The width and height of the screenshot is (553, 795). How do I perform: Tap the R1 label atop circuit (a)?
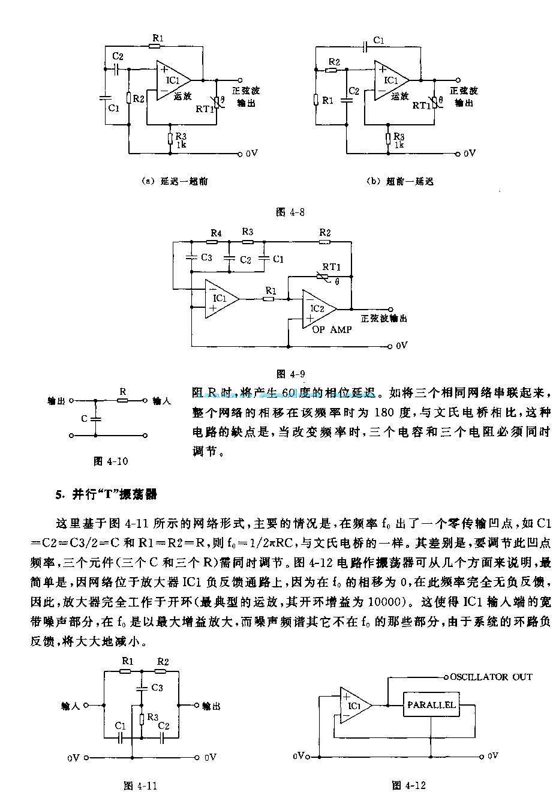click(x=157, y=38)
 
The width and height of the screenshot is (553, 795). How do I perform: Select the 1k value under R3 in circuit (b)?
click(x=399, y=145)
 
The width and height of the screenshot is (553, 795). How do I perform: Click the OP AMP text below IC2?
click(x=332, y=330)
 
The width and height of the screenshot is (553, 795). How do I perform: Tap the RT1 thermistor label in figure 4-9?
click(x=331, y=267)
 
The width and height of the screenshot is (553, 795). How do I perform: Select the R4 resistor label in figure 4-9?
click(x=217, y=232)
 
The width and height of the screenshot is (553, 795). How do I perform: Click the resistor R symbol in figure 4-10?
click(x=122, y=400)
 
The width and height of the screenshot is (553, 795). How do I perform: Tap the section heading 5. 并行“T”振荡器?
click(x=106, y=495)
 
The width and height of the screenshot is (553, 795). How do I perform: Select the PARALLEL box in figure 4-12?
click(x=431, y=705)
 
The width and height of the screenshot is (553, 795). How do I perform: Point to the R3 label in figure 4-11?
click(x=153, y=717)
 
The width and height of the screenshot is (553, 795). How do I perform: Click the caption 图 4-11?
click(x=140, y=785)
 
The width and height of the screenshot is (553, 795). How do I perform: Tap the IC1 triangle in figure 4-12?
click(x=354, y=706)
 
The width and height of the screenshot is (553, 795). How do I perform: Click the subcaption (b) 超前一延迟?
click(x=400, y=181)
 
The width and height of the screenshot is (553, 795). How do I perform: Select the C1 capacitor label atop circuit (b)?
click(x=378, y=40)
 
